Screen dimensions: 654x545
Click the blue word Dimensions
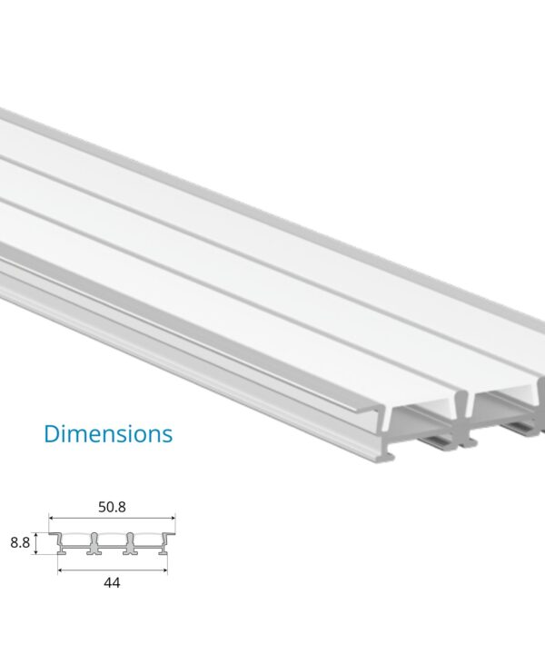click(x=108, y=433)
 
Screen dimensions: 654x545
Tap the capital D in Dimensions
click(x=53, y=433)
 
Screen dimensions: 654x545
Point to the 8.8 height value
click(x=18, y=543)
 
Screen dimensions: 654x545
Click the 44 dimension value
click(x=112, y=583)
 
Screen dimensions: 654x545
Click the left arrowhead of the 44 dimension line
click(x=59, y=570)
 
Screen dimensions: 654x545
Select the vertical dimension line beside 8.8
click(x=37, y=543)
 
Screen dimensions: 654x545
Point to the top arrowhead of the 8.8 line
click(x=37, y=534)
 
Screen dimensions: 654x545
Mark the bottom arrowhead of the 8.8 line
click(x=37, y=553)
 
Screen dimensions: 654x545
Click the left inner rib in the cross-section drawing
click(x=94, y=546)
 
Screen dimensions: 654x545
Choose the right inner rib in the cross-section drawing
click(x=130, y=546)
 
